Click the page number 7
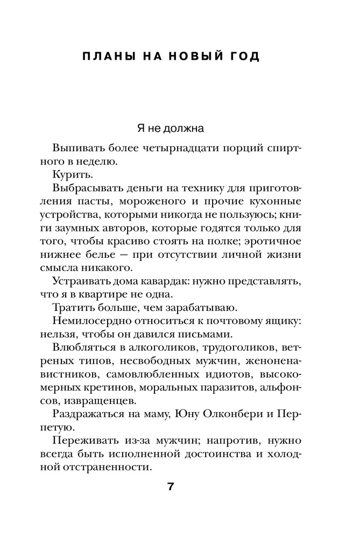[171, 487]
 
